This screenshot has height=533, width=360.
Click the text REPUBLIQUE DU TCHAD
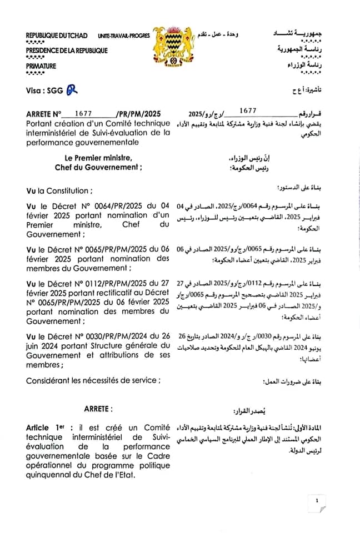coord(57,36)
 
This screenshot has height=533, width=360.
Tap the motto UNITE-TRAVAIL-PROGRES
coord(124,36)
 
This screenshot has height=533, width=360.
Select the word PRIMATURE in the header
coord(41,66)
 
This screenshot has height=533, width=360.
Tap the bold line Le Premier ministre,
coord(98,158)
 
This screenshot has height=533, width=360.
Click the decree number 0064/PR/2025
coord(104,207)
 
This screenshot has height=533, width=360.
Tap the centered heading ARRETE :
coord(98,409)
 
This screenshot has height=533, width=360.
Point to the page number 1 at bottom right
coord(317,501)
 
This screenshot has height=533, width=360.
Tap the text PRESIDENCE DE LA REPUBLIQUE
coord(67,51)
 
